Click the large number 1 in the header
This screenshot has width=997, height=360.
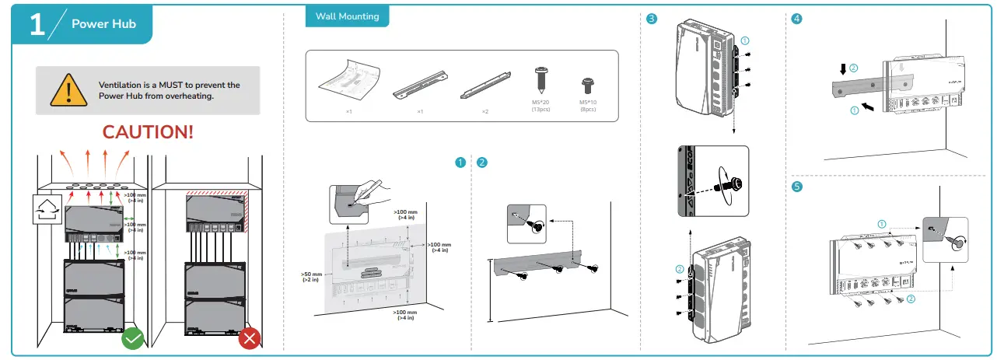37,24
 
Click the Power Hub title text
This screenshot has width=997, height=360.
103,24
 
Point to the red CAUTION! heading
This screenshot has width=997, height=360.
148,131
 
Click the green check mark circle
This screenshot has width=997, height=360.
133,338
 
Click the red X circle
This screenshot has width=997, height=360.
250,338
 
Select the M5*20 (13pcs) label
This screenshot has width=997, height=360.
540,106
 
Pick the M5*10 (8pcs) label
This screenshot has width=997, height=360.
588,106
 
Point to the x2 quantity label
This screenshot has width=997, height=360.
485,112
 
